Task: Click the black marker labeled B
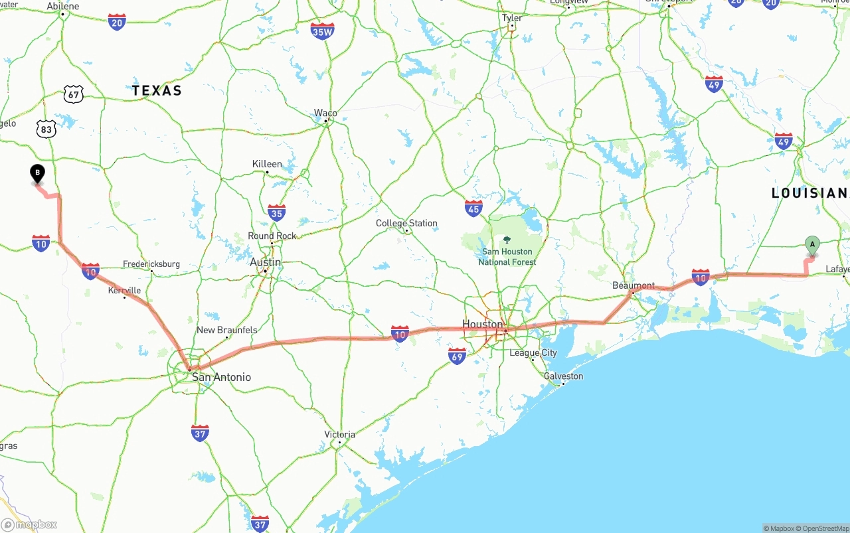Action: [38, 174]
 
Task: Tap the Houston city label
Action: [482, 324]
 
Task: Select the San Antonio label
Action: [221, 377]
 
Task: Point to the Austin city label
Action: [265, 262]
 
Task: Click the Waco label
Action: [325, 113]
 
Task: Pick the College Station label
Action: [406, 223]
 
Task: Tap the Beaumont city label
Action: [633, 285]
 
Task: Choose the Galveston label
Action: [563, 376]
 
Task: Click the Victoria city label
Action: [339, 434]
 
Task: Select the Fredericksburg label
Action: [151, 264]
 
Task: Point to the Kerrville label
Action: [124, 290]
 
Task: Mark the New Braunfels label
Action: [226, 330]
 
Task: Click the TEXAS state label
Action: [157, 90]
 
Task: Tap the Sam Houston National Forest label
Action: [507, 256]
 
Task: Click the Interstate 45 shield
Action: [473, 208]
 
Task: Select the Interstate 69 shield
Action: [457, 356]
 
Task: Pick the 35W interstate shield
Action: [322, 31]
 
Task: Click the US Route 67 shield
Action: [74, 94]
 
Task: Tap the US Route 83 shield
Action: [46, 129]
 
